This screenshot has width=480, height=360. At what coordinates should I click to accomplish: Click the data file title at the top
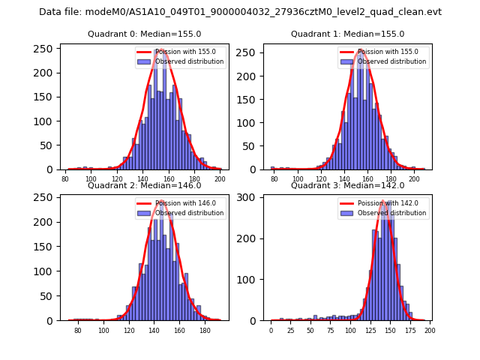240,12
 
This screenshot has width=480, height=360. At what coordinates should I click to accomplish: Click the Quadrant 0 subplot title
145,34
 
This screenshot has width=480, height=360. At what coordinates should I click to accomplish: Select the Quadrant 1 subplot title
347,34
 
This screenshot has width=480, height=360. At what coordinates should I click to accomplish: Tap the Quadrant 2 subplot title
145,185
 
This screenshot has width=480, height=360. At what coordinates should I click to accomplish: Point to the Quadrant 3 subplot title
347,185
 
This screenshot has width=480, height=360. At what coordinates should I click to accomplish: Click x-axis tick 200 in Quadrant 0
220,179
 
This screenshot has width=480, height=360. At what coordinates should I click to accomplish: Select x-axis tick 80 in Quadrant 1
274,179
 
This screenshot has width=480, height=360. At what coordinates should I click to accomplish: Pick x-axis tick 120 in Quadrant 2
129,330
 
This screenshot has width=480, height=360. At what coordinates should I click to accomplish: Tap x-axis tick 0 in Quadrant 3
271,330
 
